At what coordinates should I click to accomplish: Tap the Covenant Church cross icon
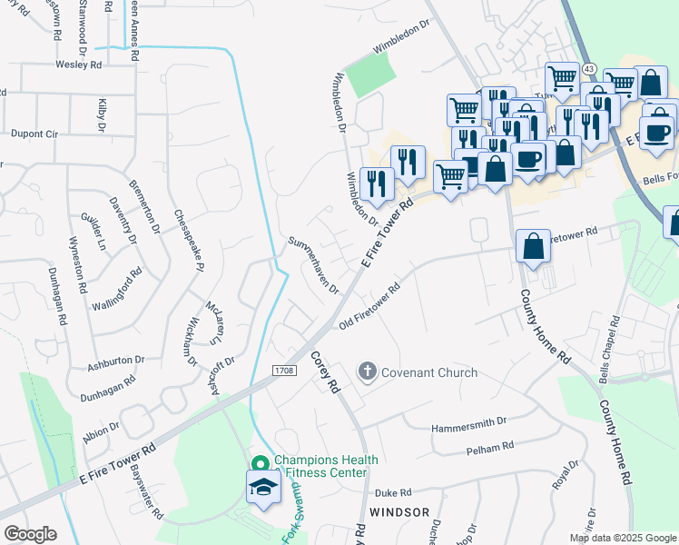367,371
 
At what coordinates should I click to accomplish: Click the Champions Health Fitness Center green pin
260,463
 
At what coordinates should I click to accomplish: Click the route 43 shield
590,69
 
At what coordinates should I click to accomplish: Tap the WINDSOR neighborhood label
399,512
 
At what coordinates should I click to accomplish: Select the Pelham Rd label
489,447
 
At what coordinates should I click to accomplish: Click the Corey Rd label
324,372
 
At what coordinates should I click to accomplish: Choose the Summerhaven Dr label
313,266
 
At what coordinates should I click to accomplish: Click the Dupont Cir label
34,134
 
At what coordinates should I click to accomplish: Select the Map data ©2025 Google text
623,537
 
